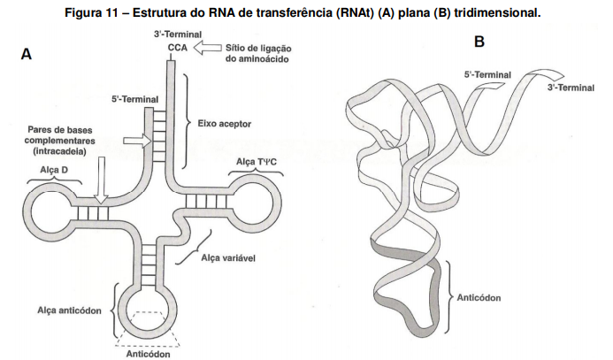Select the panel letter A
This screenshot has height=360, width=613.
click(x=27, y=55)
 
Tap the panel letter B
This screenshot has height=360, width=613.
click(x=479, y=42)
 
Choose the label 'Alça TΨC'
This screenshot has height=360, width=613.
click(x=257, y=160)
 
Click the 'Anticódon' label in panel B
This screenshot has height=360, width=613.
click(x=479, y=297)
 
